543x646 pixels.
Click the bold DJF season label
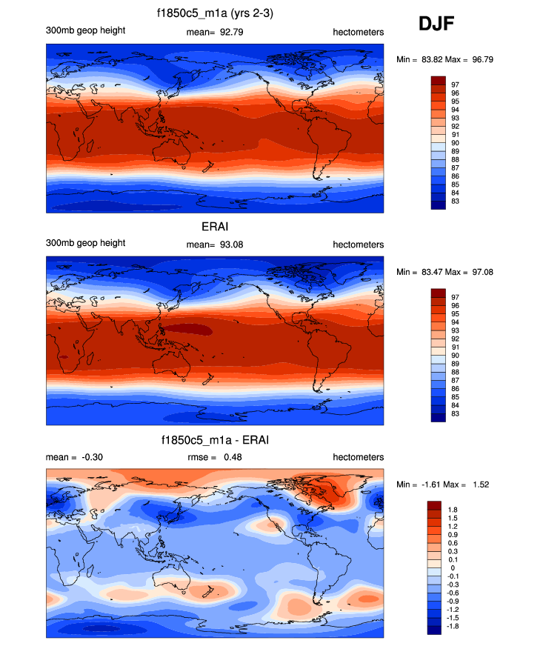click(436, 24)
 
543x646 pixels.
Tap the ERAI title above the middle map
click(214, 227)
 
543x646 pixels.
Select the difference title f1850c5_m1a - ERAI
click(214, 441)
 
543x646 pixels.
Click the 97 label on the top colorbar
click(455, 85)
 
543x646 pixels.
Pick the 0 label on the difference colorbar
click(453, 568)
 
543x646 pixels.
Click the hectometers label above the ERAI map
click(358, 244)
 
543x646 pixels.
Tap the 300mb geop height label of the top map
click(85, 30)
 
